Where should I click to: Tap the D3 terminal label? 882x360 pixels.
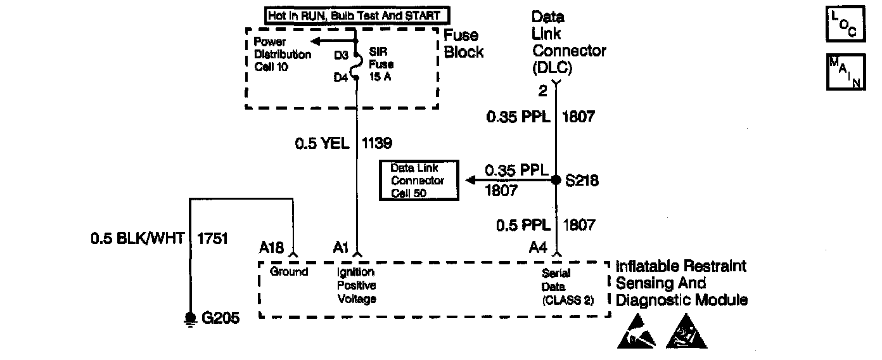tap(342, 55)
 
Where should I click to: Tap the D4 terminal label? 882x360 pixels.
tap(342, 77)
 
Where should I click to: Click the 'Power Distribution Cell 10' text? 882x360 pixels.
tap(282, 54)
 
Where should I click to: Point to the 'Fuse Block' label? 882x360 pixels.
tap(463, 44)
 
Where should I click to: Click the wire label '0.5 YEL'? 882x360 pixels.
tap(322, 143)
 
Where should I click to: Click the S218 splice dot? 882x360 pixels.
tap(556, 180)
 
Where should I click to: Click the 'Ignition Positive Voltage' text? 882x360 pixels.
tap(357, 285)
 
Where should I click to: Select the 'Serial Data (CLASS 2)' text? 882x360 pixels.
tap(568, 286)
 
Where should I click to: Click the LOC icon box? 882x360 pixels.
tap(846, 24)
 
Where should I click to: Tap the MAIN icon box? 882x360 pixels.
tap(846, 72)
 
